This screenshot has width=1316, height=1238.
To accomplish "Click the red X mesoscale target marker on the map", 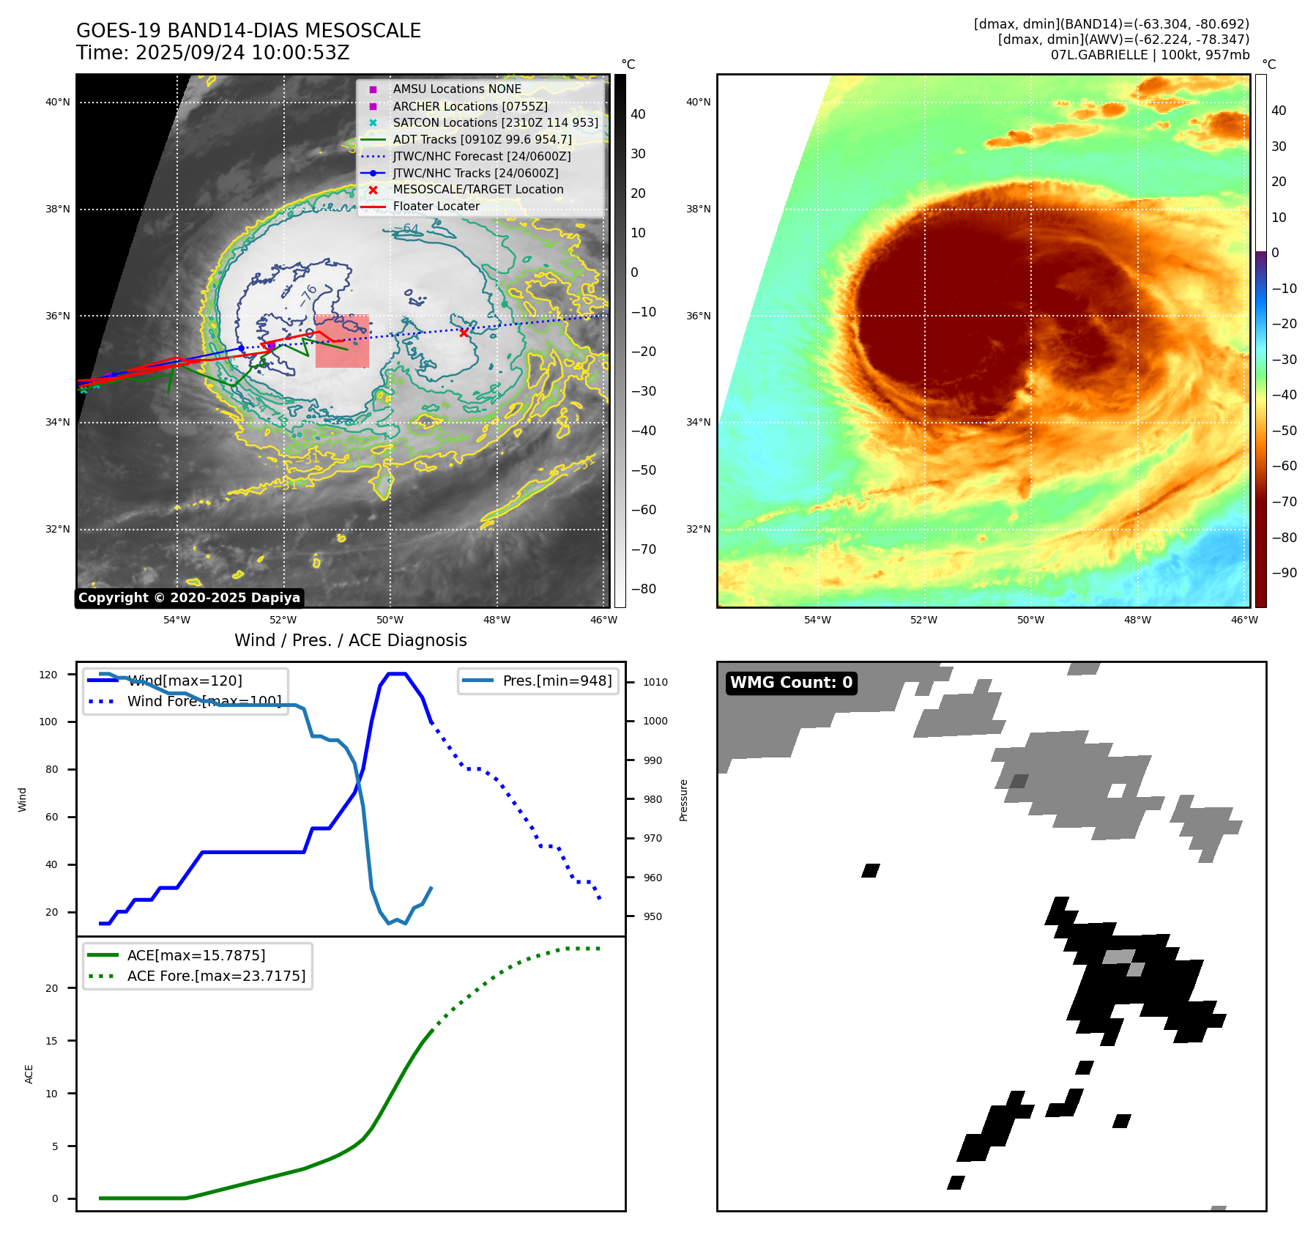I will point(464,333).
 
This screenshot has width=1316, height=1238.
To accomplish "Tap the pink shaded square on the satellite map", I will point(342,341).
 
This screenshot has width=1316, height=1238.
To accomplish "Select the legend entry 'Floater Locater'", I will point(436,207).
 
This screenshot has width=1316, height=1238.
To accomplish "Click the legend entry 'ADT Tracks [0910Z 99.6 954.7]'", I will point(482,139).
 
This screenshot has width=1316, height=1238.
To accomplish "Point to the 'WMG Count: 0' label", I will point(791,683).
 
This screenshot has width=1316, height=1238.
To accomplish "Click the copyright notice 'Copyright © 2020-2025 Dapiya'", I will point(189,598).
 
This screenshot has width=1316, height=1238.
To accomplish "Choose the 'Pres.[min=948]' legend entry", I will point(557,681).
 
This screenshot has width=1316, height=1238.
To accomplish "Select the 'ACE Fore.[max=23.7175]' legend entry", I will point(216,976).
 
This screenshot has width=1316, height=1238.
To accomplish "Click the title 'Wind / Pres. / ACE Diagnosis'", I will point(350,640).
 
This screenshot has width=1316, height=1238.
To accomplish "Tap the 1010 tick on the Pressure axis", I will point(655,682).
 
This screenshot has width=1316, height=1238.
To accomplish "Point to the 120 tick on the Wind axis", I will point(48,675).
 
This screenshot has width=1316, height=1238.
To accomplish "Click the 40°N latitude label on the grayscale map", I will point(58,103).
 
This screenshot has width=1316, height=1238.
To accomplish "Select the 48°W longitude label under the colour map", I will point(1137,620).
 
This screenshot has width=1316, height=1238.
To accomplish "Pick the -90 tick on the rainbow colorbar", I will point(1284,573).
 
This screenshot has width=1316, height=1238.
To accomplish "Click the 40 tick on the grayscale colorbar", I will point(638,114).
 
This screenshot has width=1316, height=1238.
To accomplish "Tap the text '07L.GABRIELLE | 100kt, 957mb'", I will point(1150,55).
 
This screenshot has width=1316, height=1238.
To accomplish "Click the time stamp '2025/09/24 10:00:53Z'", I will point(242,53).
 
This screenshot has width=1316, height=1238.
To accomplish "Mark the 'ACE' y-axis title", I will point(29,1074).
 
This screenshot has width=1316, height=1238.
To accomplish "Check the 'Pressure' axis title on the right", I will point(683,800).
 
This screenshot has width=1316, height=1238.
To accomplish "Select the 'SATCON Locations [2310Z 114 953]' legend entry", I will point(495,123).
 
